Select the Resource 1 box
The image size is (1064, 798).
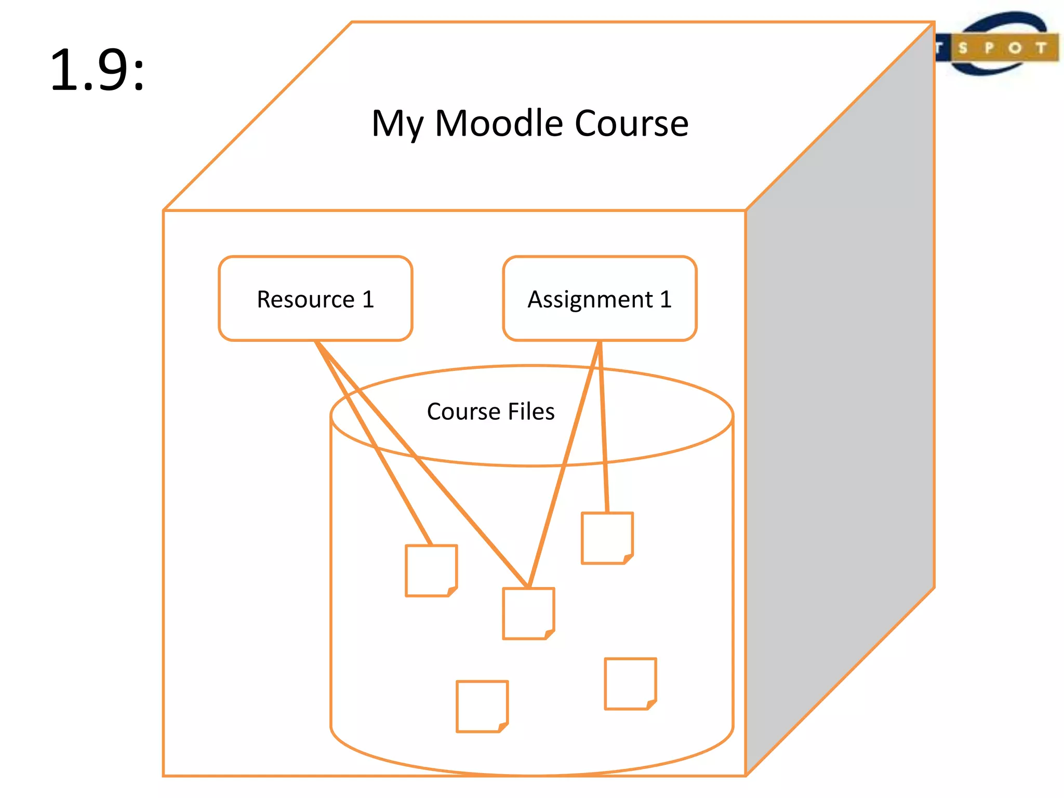[315, 299]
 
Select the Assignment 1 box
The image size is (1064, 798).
[600, 299]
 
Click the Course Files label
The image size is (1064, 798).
[490, 411]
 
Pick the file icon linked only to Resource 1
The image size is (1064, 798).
[431, 570]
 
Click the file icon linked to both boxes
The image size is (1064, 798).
[528, 613]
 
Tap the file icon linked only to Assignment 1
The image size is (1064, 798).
[607, 538]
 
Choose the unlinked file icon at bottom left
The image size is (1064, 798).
[482, 706]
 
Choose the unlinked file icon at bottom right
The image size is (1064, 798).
[630, 684]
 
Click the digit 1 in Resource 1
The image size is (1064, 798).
[368, 299]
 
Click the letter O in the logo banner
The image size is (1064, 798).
[1015, 48]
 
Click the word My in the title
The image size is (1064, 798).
[397, 125]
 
